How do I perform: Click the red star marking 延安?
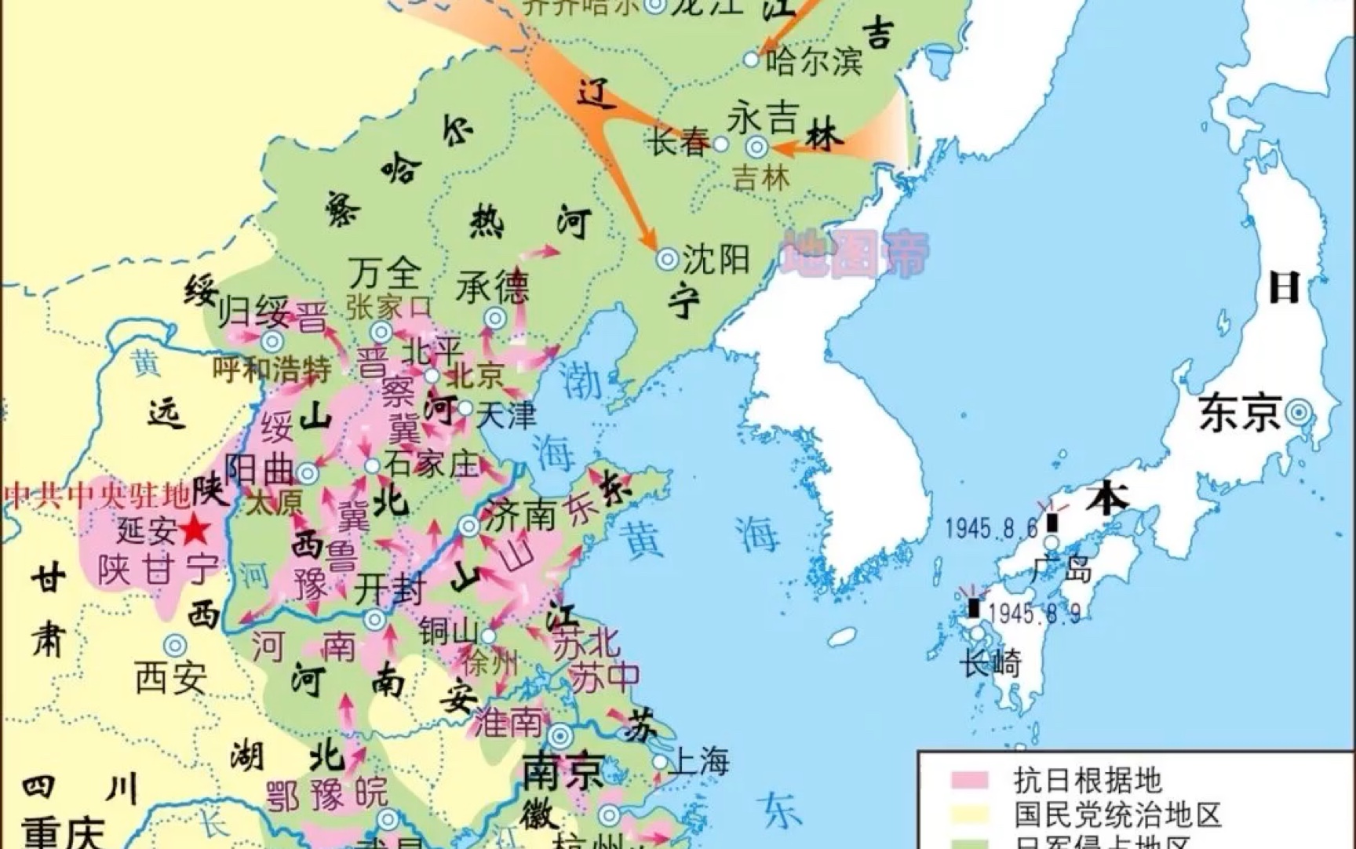pos(195,531)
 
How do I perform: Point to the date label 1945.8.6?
pos(991,528)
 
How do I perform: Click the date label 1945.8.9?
pos(1034,613)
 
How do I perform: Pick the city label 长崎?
pos(990,664)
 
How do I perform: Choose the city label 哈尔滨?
pos(814,61)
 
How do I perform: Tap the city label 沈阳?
pos(716,259)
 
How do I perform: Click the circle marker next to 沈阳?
pos(668,259)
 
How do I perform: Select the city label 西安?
pos(171,676)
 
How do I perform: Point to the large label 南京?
pos(564,771)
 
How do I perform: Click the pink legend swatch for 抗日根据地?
pos(969,780)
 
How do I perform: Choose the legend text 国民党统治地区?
pos(1117,814)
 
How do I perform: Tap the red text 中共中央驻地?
pos(98,496)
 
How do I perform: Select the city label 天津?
pos(506,414)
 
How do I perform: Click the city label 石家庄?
pos(432,465)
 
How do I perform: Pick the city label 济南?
pos(520,516)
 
